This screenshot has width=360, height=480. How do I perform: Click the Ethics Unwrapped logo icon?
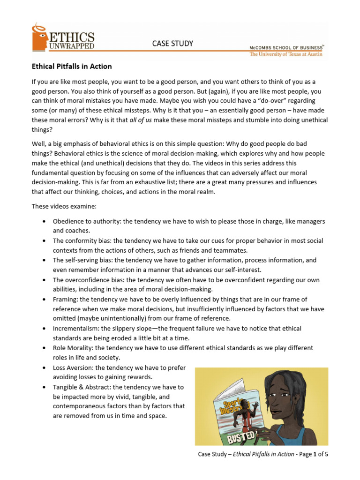(x=39, y=37)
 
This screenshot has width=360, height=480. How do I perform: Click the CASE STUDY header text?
(x=172, y=44)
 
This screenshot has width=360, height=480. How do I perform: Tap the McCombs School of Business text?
(x=286, y=47)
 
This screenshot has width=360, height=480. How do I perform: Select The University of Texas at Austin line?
(x=286, y=54)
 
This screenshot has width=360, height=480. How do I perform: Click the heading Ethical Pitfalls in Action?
(x=71, y=67)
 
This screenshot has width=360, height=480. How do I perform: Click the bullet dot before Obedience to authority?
(x=44, y=221)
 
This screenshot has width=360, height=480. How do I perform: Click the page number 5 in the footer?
(x=332, y=454)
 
